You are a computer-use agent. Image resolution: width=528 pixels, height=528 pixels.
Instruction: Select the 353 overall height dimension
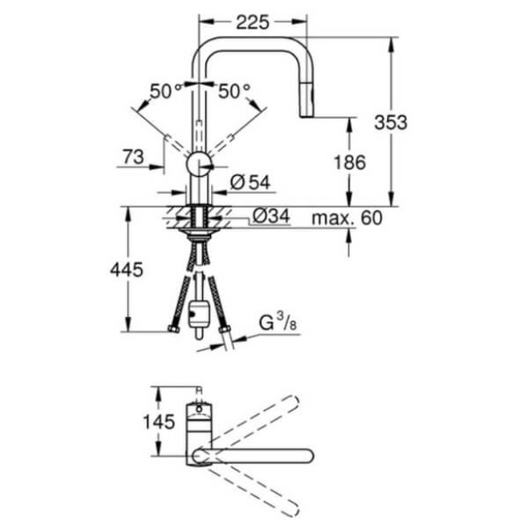390,121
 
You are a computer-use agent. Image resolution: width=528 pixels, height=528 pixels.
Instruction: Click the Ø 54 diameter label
250,181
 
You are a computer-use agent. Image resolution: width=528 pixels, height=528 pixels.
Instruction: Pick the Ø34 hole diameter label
273,217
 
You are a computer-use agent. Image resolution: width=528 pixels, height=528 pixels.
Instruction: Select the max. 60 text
346,217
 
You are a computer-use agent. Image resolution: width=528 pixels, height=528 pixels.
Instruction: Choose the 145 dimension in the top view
160,421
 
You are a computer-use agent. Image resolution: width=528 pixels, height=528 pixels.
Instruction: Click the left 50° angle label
166,91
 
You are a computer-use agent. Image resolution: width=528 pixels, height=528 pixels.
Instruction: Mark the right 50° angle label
234,91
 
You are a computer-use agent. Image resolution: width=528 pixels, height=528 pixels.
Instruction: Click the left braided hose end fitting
174,329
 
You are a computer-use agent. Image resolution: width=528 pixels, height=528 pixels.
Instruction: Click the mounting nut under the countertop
200,229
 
